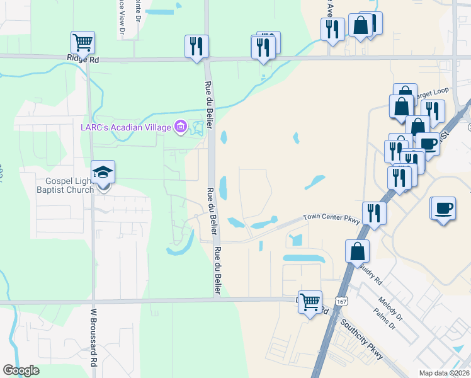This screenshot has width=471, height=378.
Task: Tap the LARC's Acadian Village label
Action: point(126,128)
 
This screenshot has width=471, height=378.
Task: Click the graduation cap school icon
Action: point(103,172)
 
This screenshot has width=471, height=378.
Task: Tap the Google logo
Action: point(21,370)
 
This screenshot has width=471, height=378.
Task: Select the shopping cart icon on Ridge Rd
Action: point(83,43)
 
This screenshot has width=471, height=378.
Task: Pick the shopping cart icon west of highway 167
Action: point(310,302)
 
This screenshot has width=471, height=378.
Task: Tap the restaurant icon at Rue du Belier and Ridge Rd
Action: point(196,46)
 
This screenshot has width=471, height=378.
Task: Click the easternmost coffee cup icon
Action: point(444,208)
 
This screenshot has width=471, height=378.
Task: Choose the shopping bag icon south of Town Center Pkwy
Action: point(357,251)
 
